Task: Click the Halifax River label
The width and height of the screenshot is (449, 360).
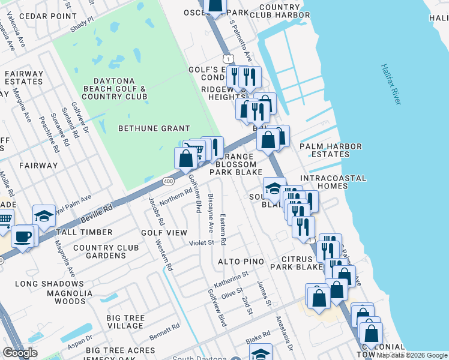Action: [x=390, y=85]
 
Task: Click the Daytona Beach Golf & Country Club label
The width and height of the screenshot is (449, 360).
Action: [x=114, y=89]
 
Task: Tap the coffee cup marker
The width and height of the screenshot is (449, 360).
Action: [x=23, y=237]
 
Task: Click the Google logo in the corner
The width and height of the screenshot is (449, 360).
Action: [x=20, y=352]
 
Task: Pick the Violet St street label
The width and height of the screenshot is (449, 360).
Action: [x=202, y=243]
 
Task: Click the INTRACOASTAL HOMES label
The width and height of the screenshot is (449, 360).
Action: [x=324, y=182]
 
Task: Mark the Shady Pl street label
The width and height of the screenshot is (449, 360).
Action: [x=82, y=23]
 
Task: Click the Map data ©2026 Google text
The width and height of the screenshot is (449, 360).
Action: [x=412, y=355]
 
